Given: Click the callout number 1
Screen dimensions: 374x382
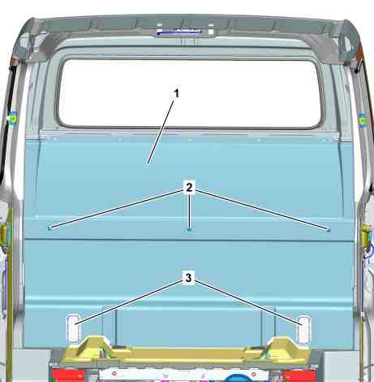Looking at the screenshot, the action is pyautogui.click(x=176, y=93).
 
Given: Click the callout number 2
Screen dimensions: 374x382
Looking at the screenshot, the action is pyautogui.click(x=189, y=187).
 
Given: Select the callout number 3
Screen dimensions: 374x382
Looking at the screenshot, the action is pyautogui.click(x=188, y=278).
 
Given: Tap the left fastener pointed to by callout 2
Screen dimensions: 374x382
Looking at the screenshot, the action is pyautogui.click(x=49, y=228).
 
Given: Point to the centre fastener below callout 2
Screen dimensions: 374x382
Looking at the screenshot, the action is pyautogui.click(x=189, y=230).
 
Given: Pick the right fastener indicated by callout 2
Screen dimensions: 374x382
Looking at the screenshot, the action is pyautogui.click(x=329, y=231).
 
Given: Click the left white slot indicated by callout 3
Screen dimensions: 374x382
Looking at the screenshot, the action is pyautogui.click(x=73, y=328).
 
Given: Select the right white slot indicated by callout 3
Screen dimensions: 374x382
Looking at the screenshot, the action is pyautogui.click(x=304, y=329).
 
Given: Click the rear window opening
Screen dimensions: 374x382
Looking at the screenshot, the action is pyautogui.click(x=189, y=93).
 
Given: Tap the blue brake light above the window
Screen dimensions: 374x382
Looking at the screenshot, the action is pyautogui.click(x=178, y=33).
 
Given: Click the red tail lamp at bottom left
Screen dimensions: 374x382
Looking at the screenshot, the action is pyautogui.click(x=67, y=375).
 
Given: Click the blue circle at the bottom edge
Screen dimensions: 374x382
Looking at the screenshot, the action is pyautogui.click(x=236, y=378).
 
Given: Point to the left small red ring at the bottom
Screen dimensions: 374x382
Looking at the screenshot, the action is pyautogui.click(x=114, y=373).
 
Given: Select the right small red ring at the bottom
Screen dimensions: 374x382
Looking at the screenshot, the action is pyautogui.click(x=254, y=374).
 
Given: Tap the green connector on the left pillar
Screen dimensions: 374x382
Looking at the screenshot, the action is pyautogui.click(x=12, y=119).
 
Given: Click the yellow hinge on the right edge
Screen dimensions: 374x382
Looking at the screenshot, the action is pyautogui.click(x=367, y=236).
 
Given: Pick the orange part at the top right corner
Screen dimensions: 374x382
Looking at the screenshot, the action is pyautogui.click(x=360, y=51).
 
